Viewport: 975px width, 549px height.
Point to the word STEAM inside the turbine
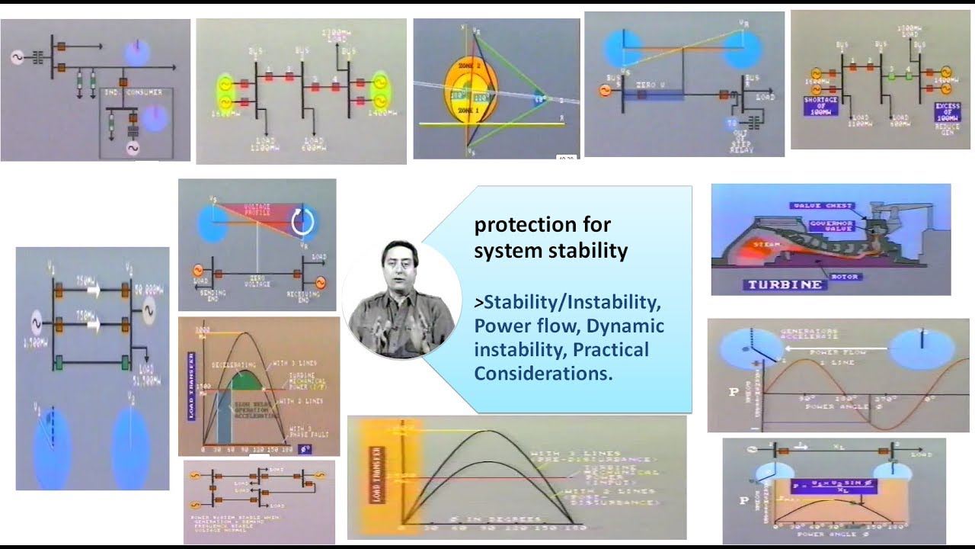743,244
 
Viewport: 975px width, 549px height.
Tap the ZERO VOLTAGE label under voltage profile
257,283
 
